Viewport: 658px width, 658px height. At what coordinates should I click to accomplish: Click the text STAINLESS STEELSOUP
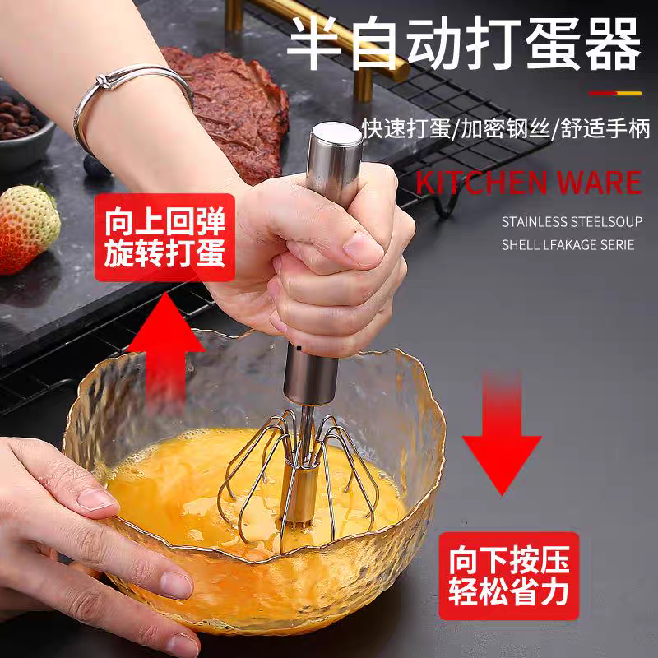pyautogui.click(x=568, y=220)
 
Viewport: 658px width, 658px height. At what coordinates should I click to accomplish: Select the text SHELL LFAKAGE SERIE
pyautogui.click(x=568, y=244)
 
